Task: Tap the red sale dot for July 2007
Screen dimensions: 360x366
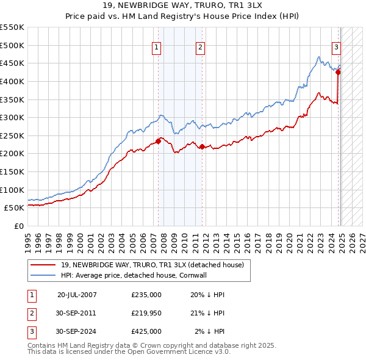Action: pyautogui.click(x=158, y=141)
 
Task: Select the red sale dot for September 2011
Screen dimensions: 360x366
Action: pyautogui.click(x=202, y=146)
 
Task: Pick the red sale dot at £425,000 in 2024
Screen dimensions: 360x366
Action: pyautogui.click(x=338, y=72)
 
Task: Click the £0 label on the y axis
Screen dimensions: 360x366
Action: pyautogui.click(x=18, y=226)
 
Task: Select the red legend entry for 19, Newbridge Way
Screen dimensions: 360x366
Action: pyautogui.click(x=152, y=265)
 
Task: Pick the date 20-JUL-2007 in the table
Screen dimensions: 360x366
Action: pyautogui.click(x=77, y=294)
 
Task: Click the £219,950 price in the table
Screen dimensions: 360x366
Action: pyautogui.click(x=146, y=312)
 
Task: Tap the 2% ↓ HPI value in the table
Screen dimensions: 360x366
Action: pyautogui.click(x=210, y=331)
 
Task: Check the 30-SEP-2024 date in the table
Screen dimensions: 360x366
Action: pyautogui.click(x=77, y=331)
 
